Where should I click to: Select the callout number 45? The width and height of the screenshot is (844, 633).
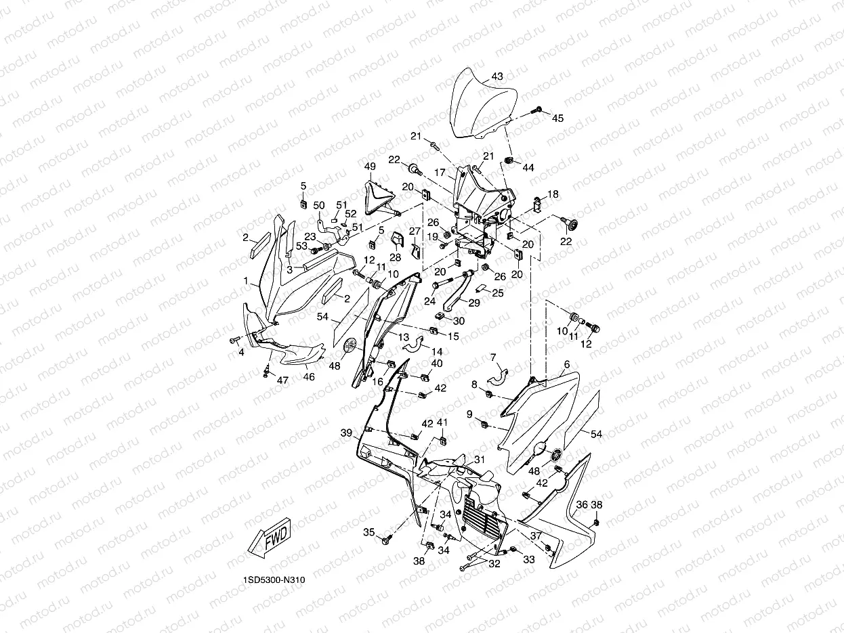tap(557, 118)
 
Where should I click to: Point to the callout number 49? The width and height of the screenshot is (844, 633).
tap(370, 167)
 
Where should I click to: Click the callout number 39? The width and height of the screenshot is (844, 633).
tap(346, 433)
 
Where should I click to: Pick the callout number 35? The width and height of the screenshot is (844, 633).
tap(368, 533)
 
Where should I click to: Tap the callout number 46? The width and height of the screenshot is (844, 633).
tap(308, 377)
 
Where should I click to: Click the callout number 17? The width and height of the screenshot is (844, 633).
tap(459, 173)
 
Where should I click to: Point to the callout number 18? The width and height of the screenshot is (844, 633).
tap(553, 194)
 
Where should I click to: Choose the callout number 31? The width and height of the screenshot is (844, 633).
tap(480, 460)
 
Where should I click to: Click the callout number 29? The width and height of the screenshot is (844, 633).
tap(473, 303)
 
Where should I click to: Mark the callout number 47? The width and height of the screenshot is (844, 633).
tap(282, 380)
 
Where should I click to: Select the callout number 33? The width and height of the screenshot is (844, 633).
tap(529, 559)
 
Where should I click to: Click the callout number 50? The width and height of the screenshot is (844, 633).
tap(319, 204)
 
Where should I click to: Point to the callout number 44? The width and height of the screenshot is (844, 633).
tap(528, 167)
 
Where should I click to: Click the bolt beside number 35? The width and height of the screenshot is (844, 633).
tap(386, 540)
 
